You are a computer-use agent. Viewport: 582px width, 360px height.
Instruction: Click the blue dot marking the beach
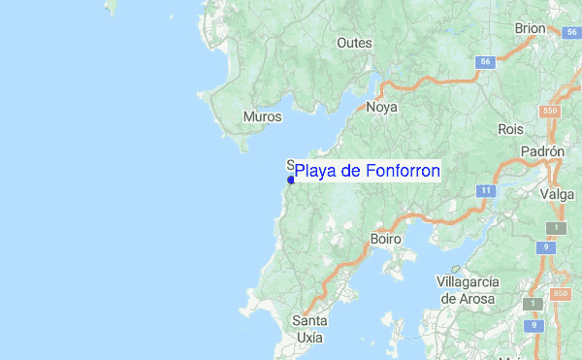tap(291, 180)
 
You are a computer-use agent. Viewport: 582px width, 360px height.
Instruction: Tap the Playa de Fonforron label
tap(367, 171)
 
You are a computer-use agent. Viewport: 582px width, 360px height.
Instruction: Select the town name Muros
tap(262, 116)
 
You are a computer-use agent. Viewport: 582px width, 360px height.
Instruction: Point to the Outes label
tap(354, 43)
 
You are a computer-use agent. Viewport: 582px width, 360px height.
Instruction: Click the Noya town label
tap(381, 108)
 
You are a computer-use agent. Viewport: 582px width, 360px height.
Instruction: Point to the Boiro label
tap(386, 238)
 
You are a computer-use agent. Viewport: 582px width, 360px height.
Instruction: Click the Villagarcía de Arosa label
tap(468, 289)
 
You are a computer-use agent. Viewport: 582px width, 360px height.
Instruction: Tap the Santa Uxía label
tap(310, 329)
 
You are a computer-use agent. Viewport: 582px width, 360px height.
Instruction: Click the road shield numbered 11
tap(484, 190)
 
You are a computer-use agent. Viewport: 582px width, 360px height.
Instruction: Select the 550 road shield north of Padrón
tap(551, 112)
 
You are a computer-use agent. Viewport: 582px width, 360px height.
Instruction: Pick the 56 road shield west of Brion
tap(486, 61)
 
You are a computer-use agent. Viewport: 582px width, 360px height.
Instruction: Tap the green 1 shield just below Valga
tap(555, 228)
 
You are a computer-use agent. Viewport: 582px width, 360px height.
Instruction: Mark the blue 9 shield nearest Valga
tap(547, 247)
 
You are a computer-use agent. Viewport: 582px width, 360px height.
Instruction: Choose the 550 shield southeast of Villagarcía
tap(559, 293)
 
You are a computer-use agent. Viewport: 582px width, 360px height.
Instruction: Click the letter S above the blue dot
tap(290, 165)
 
